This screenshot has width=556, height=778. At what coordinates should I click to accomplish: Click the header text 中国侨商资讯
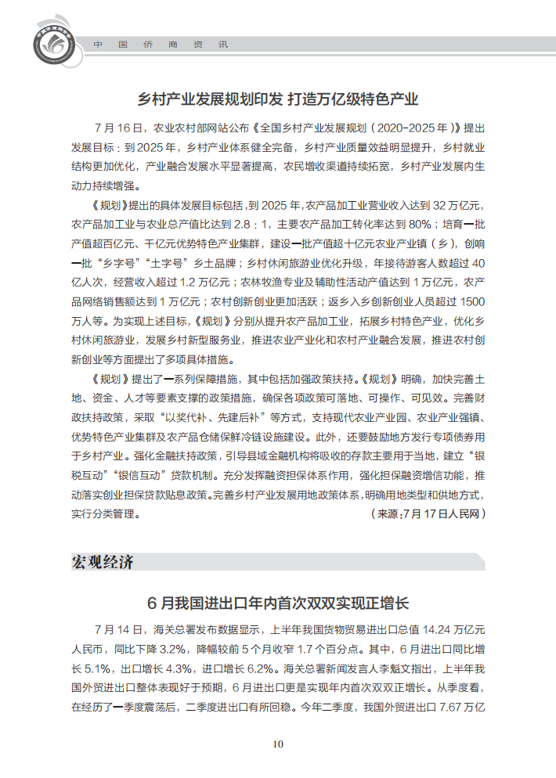[x=161, y=45]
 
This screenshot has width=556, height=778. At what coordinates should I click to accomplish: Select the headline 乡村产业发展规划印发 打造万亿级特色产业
[x=278, y=99]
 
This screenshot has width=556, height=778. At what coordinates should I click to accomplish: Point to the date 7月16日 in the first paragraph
[x=119, y=128]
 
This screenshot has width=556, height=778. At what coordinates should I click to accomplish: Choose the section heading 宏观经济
[x=103, y=562]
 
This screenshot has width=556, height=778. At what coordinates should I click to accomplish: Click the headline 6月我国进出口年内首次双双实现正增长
[x=278, y=603]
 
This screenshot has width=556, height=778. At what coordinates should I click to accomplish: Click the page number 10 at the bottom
[x=277, y=744]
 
